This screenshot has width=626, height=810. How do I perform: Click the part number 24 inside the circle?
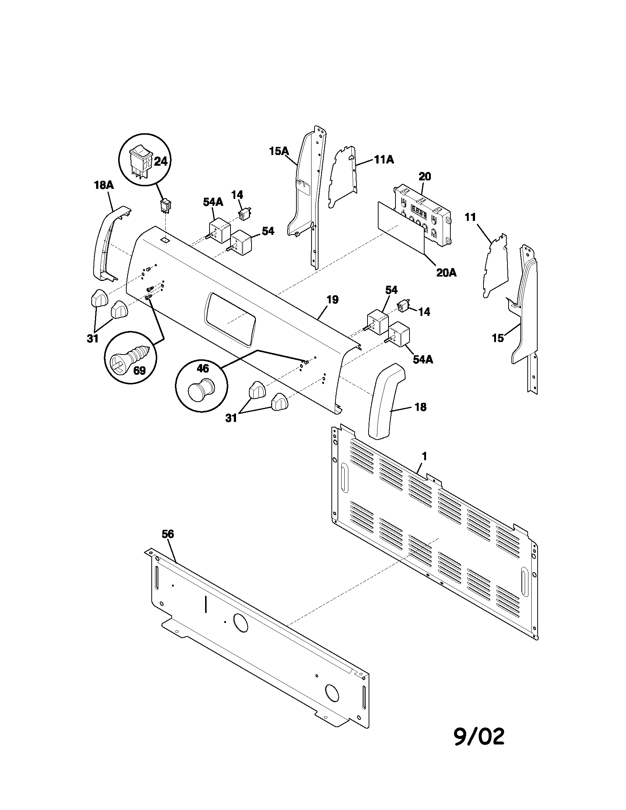click(161, 161)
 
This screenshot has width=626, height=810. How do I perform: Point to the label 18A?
click(103, 186)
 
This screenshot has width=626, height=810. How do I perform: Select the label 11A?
click(384, 159)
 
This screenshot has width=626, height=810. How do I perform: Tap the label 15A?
click(279, 151)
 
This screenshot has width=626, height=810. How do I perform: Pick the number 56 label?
click(168, 534)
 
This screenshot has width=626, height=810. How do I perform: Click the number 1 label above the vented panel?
click(425, 457)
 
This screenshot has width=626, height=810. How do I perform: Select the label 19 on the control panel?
click(333, 300)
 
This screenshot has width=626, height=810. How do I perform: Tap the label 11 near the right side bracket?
click(470, 217)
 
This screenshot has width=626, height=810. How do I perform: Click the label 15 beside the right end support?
click(498, 338)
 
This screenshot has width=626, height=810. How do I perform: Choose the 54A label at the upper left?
click(213, 202)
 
